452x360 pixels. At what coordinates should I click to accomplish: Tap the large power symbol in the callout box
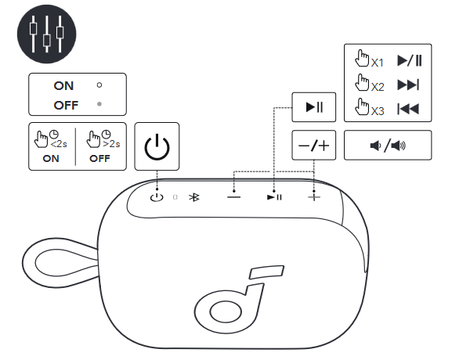click(x=157, y=146)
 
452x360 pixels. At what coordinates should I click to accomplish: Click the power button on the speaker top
click(x=157, y=196)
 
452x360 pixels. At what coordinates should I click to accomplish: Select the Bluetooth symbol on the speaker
click(x=196, y=197)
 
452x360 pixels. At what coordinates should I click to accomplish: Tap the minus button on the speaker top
click(x=234, y=196)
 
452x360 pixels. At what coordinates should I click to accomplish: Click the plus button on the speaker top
click(x=314, y=196)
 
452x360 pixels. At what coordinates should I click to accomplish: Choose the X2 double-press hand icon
click(x=362, y=84)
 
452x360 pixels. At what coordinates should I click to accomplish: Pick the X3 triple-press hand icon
click(x=362, y=109)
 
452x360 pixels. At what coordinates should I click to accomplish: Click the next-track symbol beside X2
click(x=408, y=85)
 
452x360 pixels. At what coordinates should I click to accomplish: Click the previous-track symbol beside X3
click(x=408, y=110)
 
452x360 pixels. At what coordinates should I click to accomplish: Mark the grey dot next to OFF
click(x=99, y=103)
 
